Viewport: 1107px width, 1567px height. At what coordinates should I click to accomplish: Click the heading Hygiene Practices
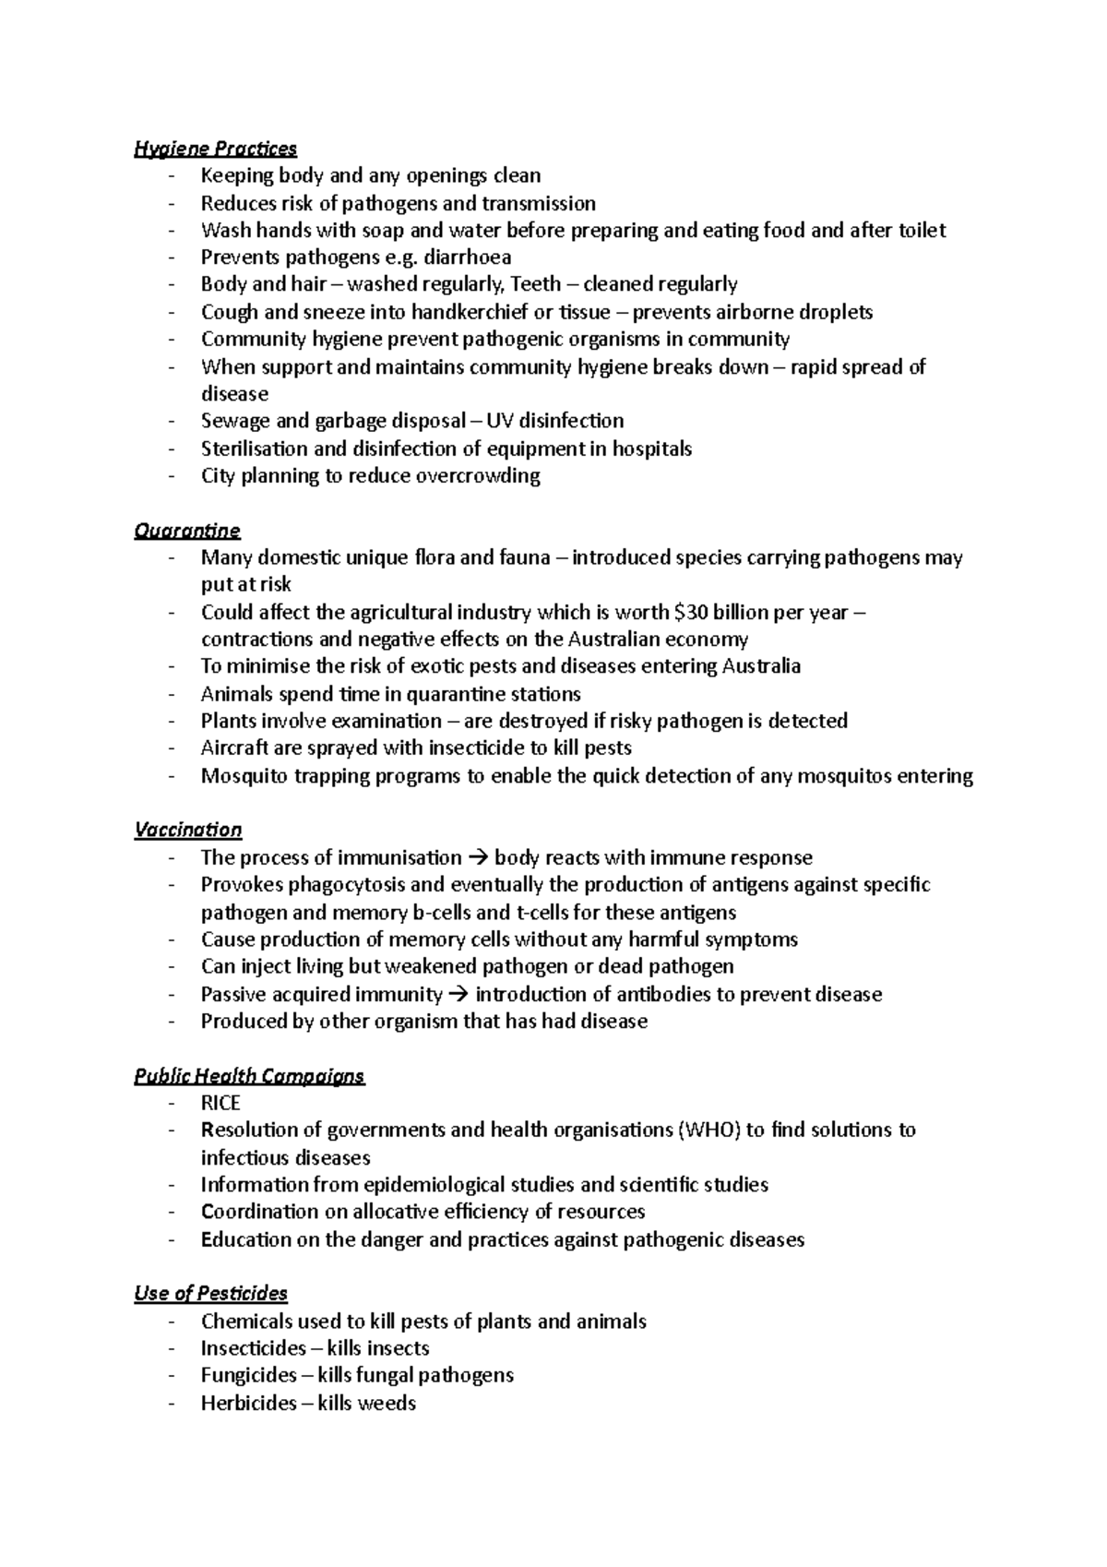[215, 148]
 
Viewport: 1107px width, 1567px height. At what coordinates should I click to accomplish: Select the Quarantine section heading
[186, 531]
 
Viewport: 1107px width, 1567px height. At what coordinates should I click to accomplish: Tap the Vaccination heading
[187, 830]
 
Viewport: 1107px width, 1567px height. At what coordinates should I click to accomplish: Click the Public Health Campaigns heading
[249, 1076]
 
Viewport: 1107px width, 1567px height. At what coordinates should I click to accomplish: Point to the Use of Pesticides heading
[210, 1293]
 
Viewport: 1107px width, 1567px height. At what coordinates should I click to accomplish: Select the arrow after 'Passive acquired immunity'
[458, 995]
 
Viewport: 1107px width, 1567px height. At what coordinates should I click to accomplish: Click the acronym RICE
[220, 1104]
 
